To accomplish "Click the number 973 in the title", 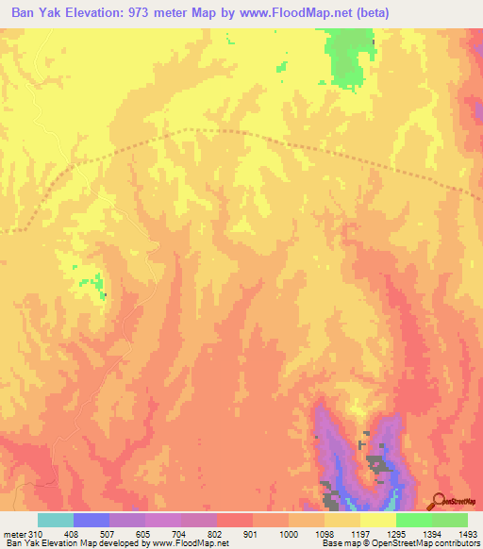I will [152, 13].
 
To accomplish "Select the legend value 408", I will [73, 535].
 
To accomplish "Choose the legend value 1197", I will [360, 535].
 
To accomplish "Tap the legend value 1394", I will [432, 535].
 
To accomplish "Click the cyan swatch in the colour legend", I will [56, 520].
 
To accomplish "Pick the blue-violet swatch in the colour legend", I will [92, 520].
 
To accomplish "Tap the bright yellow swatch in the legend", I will [378, 520].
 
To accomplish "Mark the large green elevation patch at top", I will [349, 57].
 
